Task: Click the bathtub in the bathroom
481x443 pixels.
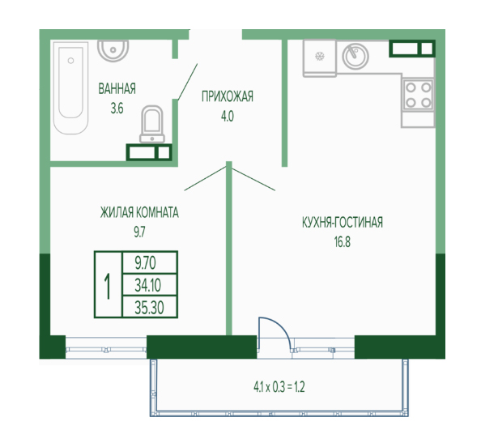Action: coord(71,88)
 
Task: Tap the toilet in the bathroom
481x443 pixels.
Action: coord(152,124)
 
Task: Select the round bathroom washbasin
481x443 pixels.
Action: coord(113,49)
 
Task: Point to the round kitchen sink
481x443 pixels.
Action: coord(355,56)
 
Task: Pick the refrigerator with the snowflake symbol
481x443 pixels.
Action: coord(320,58)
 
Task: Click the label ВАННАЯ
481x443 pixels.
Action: coord(117,88)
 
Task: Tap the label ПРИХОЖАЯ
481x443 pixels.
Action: coord(228,96)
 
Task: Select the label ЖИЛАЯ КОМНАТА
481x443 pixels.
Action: coord(139,212)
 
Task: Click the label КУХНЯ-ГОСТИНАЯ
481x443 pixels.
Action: coord(343,223)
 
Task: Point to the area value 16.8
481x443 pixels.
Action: coord(343,242)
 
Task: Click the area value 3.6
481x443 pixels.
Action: coord(117,109)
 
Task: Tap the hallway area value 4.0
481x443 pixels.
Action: coord(228,117)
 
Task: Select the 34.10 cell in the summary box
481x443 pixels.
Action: coord(149,285)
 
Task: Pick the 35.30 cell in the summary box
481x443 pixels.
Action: coord(149,307)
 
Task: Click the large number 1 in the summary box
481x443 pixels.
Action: coord(108,287)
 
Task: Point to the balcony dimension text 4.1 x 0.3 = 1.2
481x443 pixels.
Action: coord(279,387)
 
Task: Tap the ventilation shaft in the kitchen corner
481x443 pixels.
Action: coord(412,49)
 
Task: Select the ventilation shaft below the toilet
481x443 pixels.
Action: coord(149,152)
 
